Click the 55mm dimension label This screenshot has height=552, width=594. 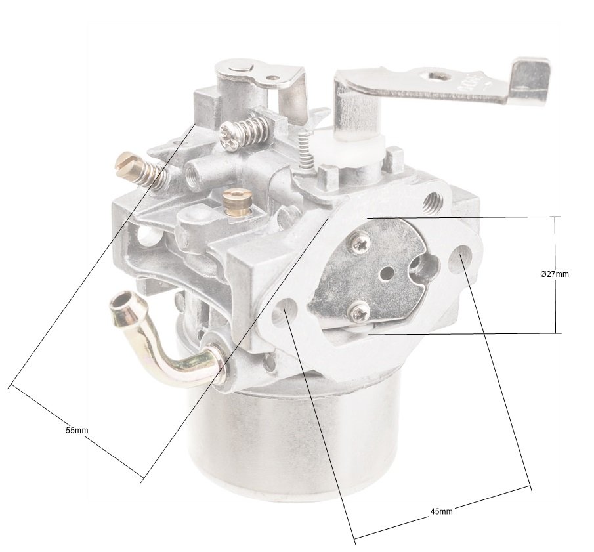(x=77, y=430)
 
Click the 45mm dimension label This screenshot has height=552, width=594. (x=441, y=511)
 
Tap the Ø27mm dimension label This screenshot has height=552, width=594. (x=554, y=274)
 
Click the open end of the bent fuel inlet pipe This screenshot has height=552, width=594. (x=120, y=302)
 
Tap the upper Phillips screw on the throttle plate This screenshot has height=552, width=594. (x=359, y=244)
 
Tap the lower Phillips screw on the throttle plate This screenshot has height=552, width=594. (x=360, y=312)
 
